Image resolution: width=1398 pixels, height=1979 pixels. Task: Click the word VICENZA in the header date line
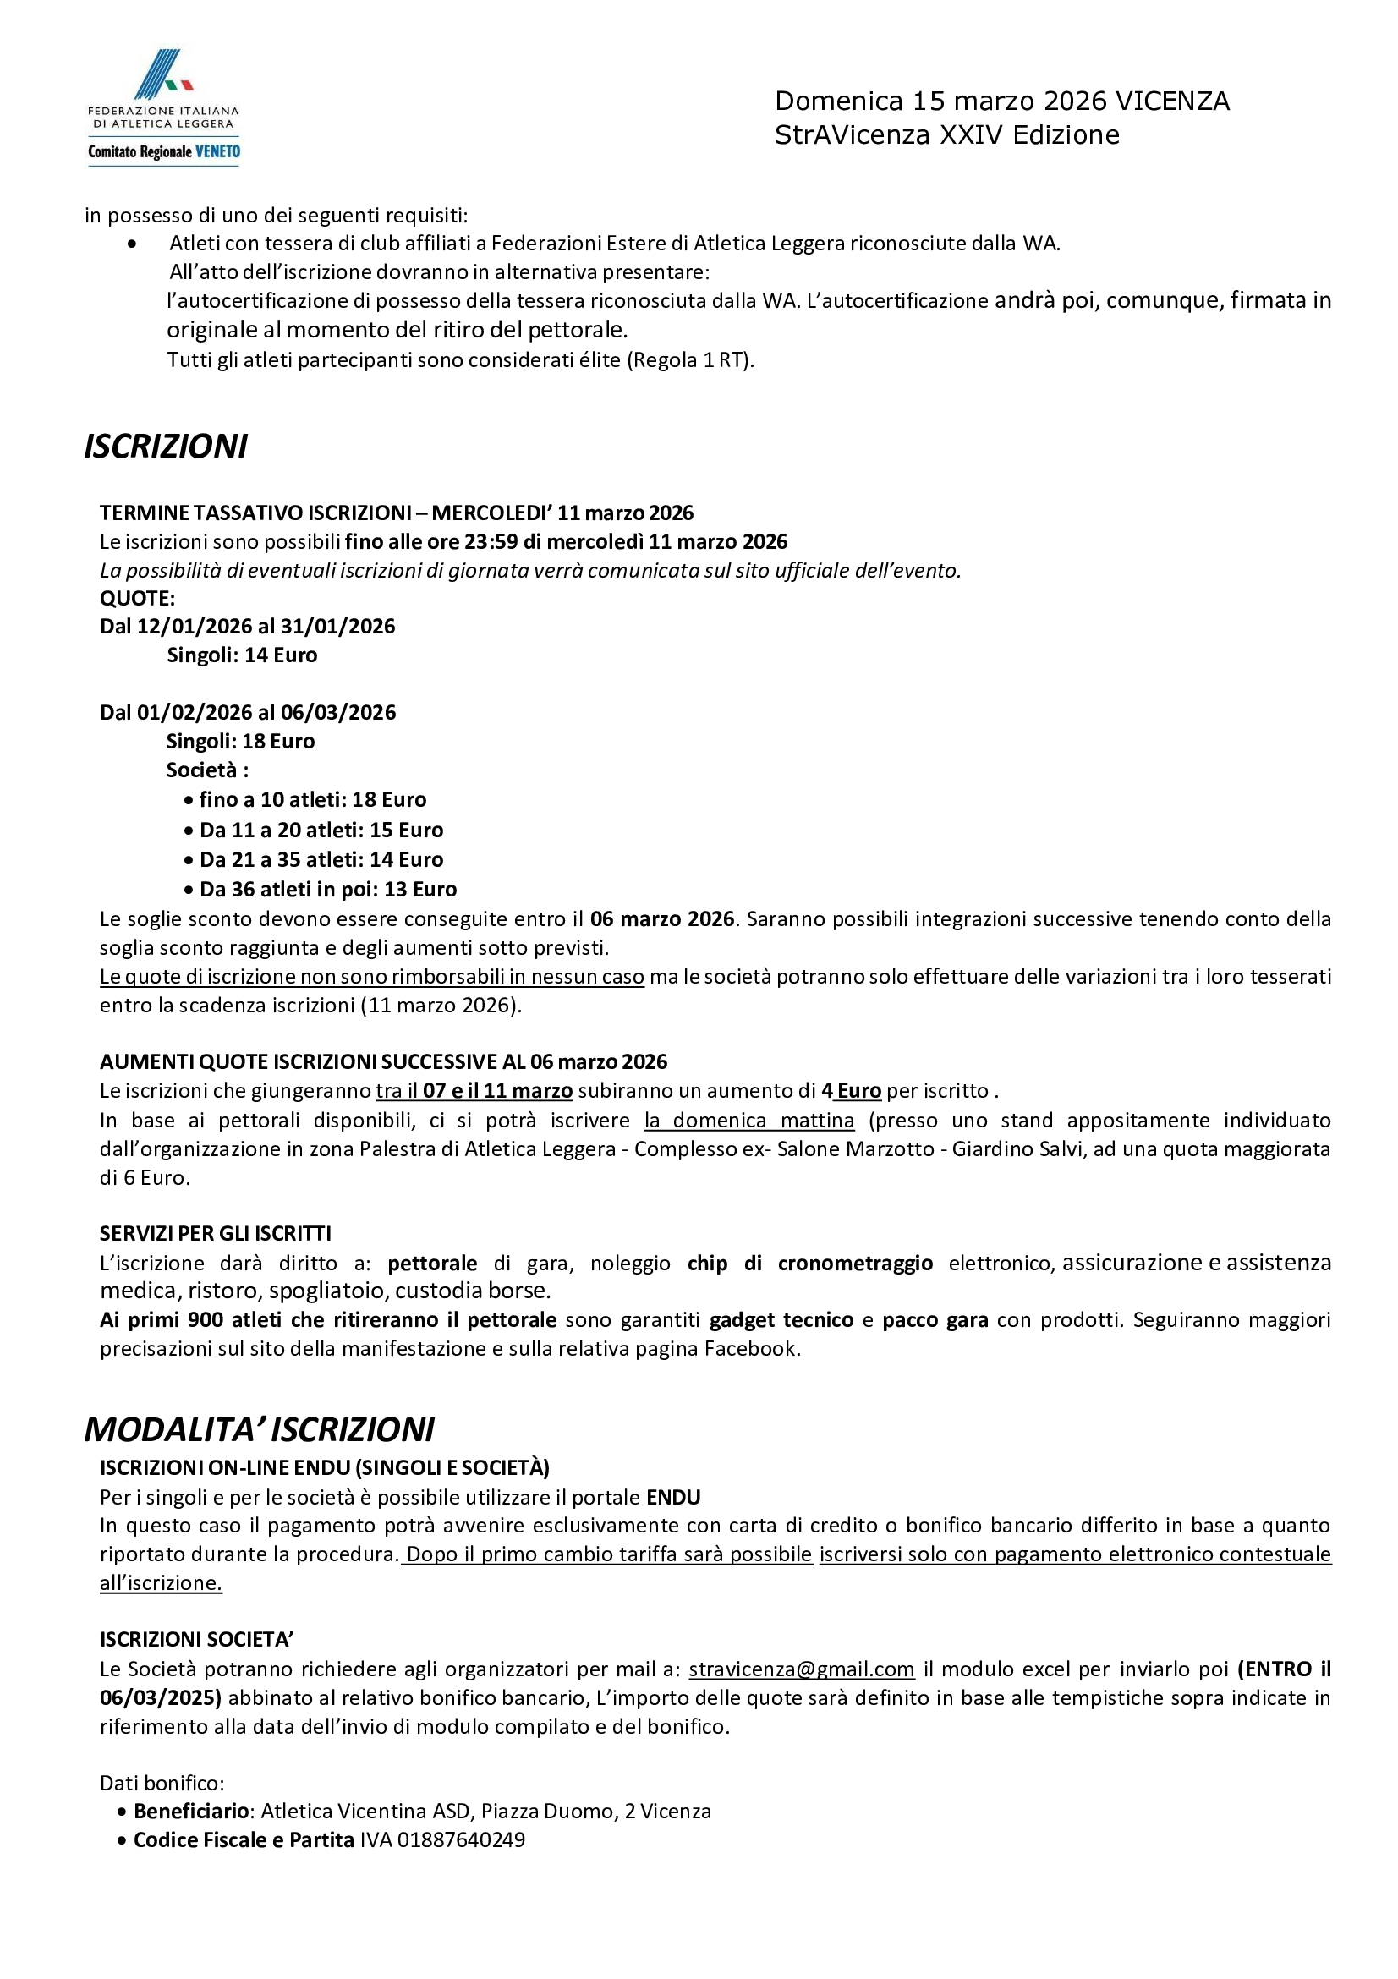[x=1172, y=101]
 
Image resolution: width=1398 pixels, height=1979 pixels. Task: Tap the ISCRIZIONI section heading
[x=166, y=447]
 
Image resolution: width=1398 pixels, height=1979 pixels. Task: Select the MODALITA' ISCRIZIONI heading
[x=259, y=1429]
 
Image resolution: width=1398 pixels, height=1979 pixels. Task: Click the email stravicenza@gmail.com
[x=802, y=1669]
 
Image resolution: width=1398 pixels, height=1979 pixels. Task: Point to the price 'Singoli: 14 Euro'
[x=242, y=655]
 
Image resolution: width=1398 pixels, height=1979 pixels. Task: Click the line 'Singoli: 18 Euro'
[x=240, y=741]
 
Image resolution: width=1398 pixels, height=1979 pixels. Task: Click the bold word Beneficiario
[x=191, y=1811]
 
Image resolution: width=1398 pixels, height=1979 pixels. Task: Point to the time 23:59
[x=494, y=542]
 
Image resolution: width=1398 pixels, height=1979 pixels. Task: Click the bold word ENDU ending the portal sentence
[x=673, y=1497]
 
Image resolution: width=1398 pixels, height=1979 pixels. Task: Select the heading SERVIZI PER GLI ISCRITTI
[x=216, y=1233]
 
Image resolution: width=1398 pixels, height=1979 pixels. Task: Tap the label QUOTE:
[x=138, y=598]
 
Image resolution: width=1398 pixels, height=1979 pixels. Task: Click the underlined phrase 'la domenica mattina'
[x=750, y=1121]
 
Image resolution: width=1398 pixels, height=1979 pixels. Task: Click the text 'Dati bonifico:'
[x=162, y=1783]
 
